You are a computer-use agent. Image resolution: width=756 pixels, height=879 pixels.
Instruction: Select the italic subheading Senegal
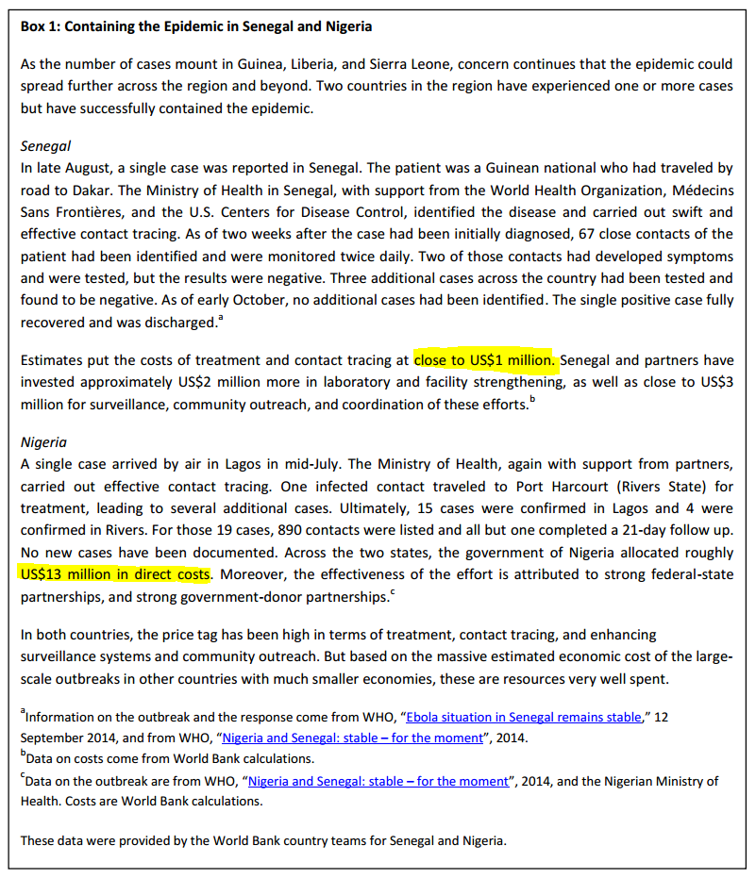click(x=45, y=146)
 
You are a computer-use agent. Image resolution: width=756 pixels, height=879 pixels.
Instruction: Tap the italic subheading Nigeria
click(x=43, y=441)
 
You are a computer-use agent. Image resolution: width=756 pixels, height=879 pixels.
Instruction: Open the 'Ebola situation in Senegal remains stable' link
click(x=524, y=717)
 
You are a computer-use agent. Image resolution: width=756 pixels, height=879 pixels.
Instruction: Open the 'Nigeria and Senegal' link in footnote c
click(x=378, y=781)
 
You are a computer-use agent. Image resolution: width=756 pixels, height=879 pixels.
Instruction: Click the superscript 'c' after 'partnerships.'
click(x=392, y=591)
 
